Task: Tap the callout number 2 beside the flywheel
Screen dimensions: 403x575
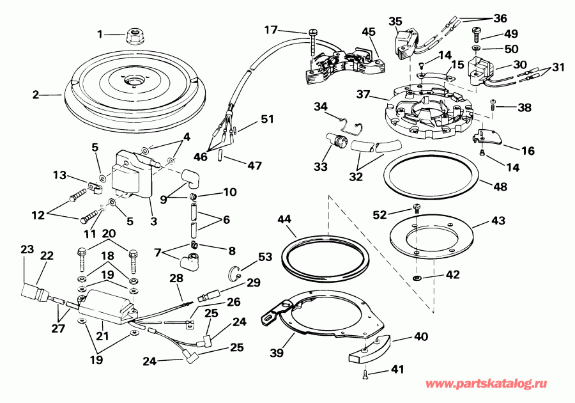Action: (x=36, y=95)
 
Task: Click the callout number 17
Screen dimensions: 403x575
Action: (x=271, y=29)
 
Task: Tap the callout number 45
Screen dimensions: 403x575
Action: (x=369, y=33)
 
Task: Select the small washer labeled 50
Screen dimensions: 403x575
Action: (x=477, y=48)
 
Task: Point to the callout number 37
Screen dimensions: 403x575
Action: (x=364, y=95)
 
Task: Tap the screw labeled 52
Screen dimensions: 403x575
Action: (x=417, y=206)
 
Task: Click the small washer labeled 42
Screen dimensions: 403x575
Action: (x=417, y=278)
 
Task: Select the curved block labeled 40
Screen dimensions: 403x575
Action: (x=370, y=349)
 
